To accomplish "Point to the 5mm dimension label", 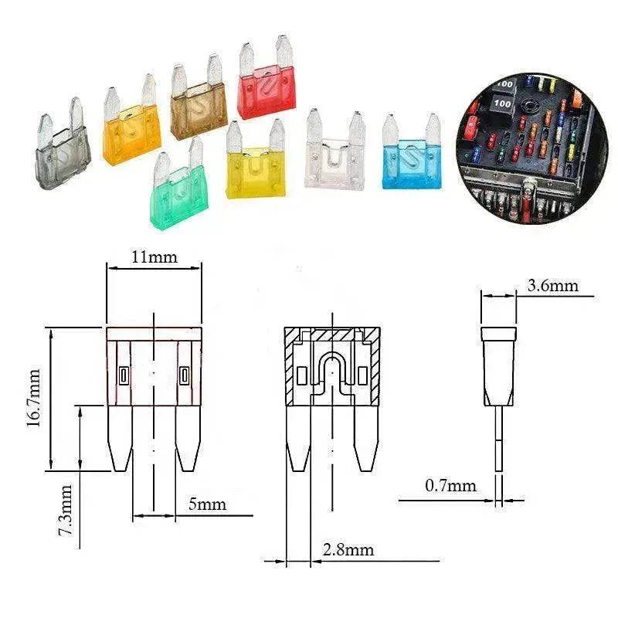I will point(207,504).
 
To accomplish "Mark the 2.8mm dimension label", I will point(348,550).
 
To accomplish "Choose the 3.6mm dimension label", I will point(552,286).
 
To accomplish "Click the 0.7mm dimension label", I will point(450,486).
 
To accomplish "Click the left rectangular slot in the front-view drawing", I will point(124,376).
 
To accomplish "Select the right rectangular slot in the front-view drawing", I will point(183,376).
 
